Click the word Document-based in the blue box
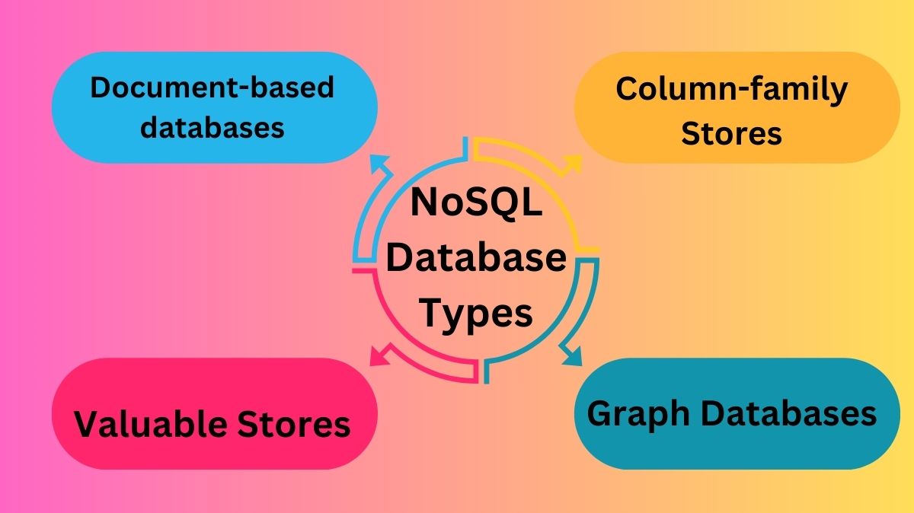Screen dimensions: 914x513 point(213,87)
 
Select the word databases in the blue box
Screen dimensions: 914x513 point(213,127)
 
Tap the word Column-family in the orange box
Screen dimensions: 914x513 point(732,91)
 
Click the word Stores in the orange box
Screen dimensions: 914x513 point(732,133)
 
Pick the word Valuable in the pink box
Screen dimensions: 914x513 point(151,424)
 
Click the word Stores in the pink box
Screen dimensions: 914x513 point(294,424)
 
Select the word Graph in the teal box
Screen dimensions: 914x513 point(638,415)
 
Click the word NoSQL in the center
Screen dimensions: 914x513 point(476,202)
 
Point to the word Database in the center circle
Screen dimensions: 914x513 point(476,257)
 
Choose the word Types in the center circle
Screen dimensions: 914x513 point(476,314)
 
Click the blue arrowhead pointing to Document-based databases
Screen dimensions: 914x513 point(379,163)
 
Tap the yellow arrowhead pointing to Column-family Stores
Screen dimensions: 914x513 point(573,164)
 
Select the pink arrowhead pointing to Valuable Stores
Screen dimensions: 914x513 point(379,356)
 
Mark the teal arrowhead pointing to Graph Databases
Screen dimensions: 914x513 point(574,356)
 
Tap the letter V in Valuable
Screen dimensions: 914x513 point(88,423)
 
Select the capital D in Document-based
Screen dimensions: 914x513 point(101,88)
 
